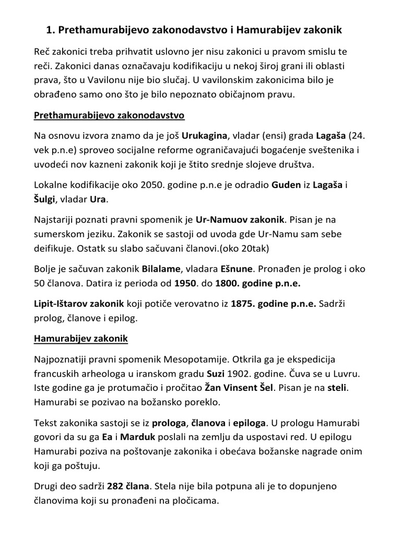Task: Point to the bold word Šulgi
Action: [x=46, y=200]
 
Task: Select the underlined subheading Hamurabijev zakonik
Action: [x=80, y=339]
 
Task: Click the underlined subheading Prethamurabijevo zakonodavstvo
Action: [x=109, y=115]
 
